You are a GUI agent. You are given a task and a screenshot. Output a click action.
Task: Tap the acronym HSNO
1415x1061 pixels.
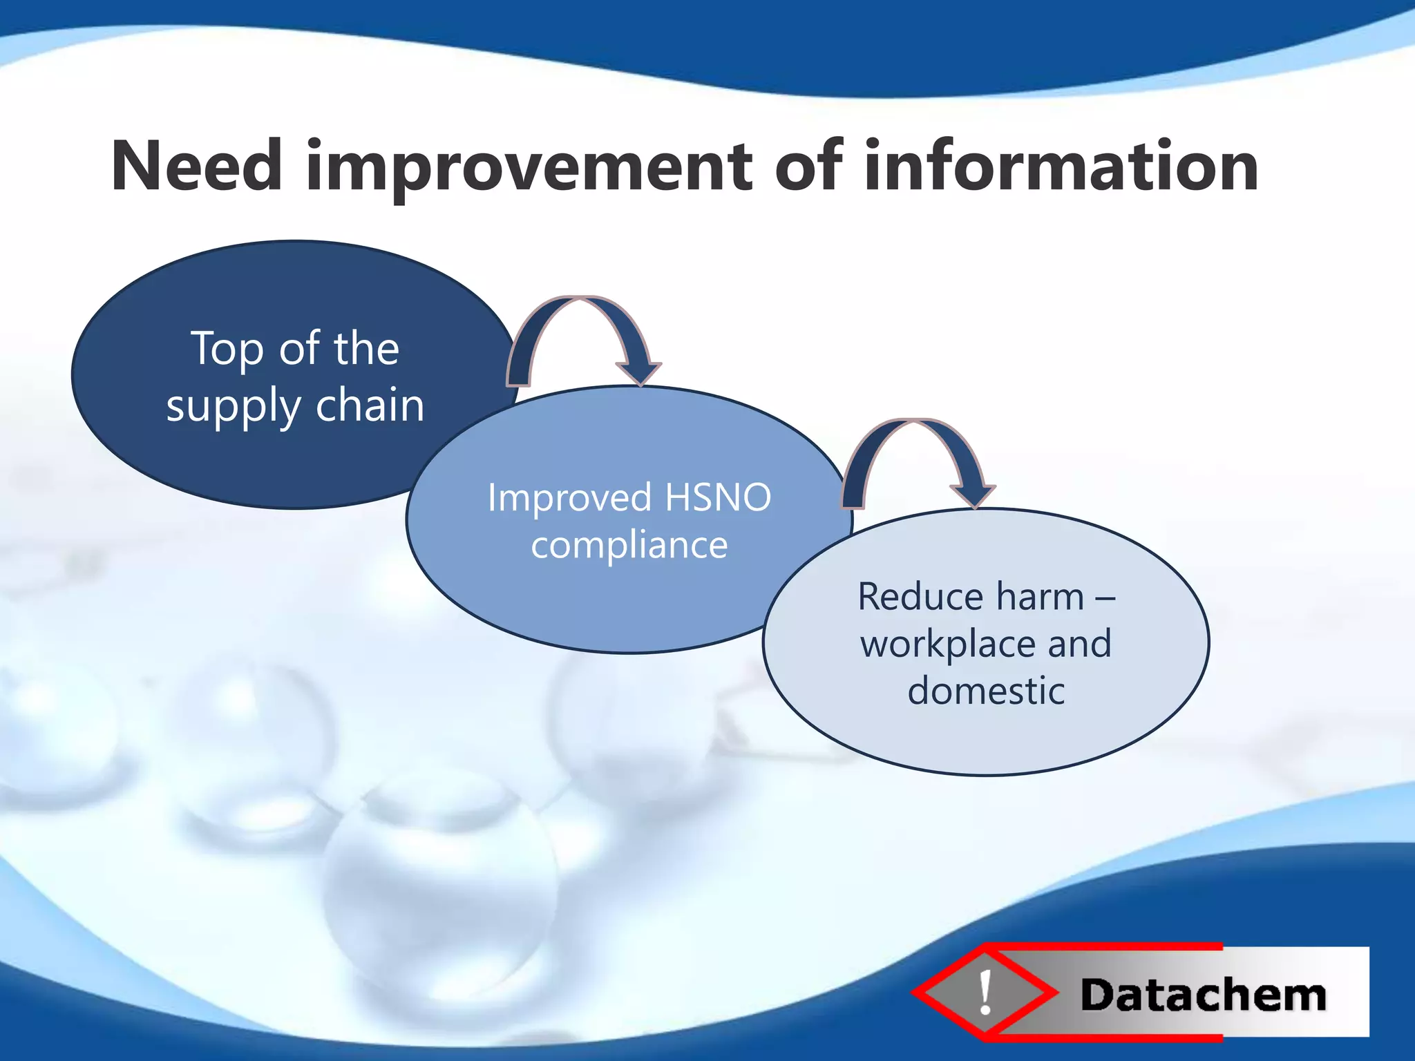(x=718, y=497)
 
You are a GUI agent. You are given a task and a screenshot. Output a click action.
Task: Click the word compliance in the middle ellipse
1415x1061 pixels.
(x=629, y=545)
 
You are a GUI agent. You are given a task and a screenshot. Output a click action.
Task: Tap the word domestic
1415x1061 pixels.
(x=986, y=691)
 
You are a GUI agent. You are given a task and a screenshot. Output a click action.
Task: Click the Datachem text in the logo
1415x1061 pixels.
(x=1203, y=995)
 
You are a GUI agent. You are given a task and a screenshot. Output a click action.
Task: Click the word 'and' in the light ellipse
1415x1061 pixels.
(x=1079, y=644)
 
